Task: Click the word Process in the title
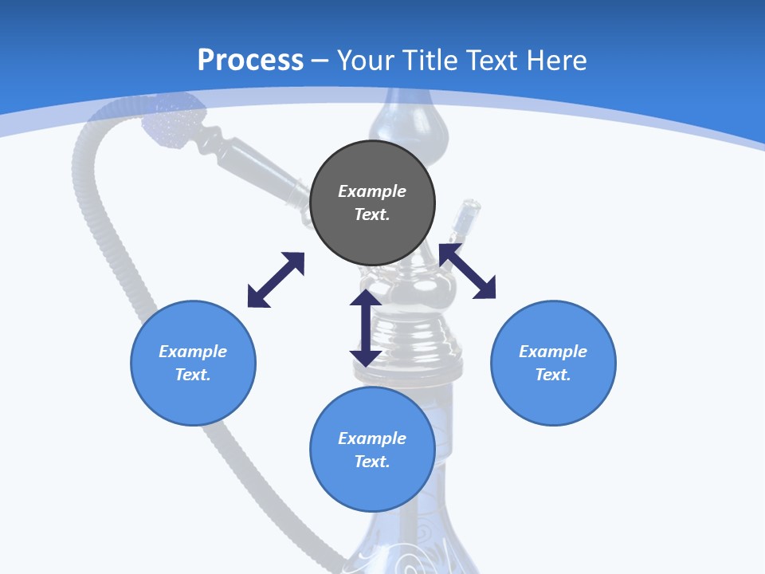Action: pos(250,61)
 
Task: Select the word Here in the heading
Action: pos(555,61)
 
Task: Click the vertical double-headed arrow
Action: pos(366,328)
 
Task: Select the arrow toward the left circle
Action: pos(276,280)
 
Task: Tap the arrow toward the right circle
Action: pos(468,271)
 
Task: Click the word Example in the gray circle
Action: pos(372,191)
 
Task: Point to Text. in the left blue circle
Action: pos(193,375)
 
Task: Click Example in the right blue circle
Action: pos(553,352)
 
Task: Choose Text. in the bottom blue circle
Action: pos(372,462)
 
